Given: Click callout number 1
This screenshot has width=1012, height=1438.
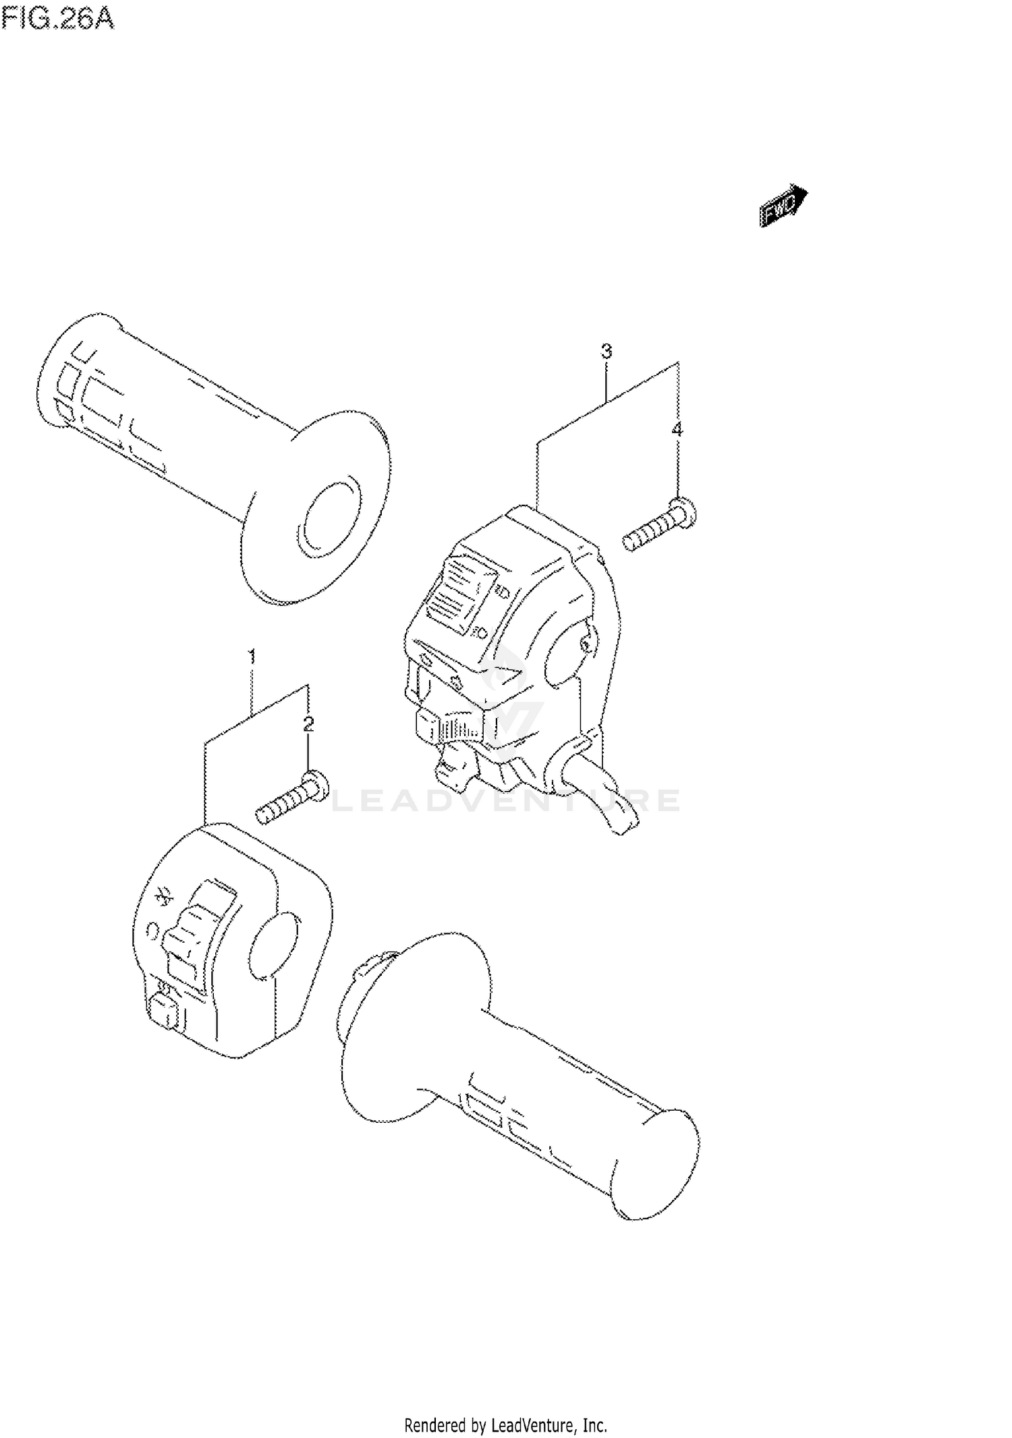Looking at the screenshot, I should (251, 655).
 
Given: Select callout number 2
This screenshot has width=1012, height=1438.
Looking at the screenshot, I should (308, 725).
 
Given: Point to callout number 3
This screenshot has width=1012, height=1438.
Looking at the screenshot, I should (606, 351).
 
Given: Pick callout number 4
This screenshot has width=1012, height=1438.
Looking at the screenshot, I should (677, 429).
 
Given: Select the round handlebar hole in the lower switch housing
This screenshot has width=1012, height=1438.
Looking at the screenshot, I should (273, 945).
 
